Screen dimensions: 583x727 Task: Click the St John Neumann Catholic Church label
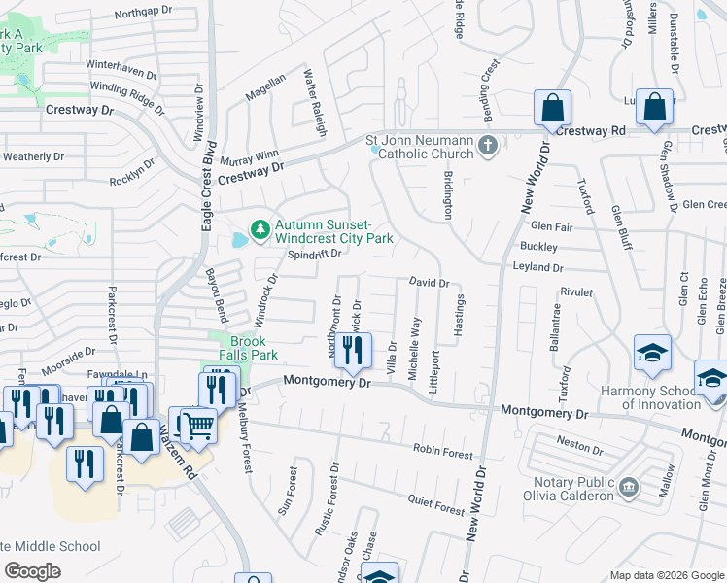tap(419, 147)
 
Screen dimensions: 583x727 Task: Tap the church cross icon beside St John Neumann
tap(488, 147)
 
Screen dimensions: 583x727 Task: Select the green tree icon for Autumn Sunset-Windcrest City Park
tap(260, 230)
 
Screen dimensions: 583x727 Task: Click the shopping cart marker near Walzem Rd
tap(199, 425)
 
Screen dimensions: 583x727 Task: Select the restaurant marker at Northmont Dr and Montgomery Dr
tap(352, 351)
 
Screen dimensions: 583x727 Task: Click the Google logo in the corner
tap(34, 571)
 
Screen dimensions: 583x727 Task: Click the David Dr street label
tap(429, 283)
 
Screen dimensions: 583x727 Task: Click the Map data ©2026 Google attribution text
tap(667, 575)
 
